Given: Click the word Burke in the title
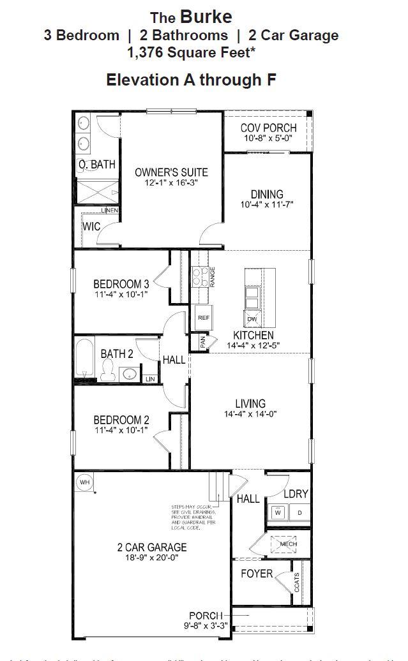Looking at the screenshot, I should coord(206,16).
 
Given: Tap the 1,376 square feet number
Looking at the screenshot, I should coord(149,53).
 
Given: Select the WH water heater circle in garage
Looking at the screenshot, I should coord(84,482).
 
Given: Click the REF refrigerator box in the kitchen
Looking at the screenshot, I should coord(203,317).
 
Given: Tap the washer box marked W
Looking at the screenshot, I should coord(278,512).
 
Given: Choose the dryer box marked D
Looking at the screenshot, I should coord(299,512).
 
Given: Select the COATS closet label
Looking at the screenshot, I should coord(297,583).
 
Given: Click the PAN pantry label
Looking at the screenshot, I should coord(202,342).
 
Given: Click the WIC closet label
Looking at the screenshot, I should coord(91,227).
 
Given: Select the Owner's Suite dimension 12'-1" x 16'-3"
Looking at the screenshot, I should coord(170,183).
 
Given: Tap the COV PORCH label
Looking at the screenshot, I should coord(269,128).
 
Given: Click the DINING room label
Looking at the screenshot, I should coord(267,194).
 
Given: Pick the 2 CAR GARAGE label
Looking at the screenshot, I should coord(151,547).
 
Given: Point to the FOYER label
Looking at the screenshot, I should coord(257,574).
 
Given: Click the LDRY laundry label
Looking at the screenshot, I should coord(296,494).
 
